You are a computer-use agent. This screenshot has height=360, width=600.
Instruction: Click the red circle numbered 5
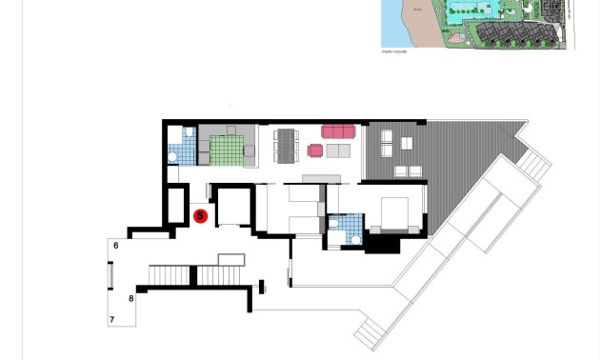[x=200, y=216]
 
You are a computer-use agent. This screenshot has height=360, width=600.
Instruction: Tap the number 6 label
[x=116, y=246]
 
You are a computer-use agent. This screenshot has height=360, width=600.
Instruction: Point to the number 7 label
[x=112, y=320]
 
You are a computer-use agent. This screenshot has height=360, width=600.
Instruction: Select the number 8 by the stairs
[x=131, y=299]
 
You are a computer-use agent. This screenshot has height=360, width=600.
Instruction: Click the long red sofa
[x=338, y=131]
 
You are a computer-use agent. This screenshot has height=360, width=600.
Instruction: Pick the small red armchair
[x=315, y=150]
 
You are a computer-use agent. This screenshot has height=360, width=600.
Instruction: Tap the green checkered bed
[x=227, y=150]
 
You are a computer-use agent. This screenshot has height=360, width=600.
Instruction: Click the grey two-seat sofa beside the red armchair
[x=338, y=150]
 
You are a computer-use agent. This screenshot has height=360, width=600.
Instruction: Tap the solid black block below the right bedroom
[x=383, y=244]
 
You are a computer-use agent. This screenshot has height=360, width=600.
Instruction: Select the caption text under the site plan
[x=394, y=51]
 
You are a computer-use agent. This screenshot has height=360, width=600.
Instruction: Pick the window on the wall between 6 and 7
[x=110, y=275]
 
